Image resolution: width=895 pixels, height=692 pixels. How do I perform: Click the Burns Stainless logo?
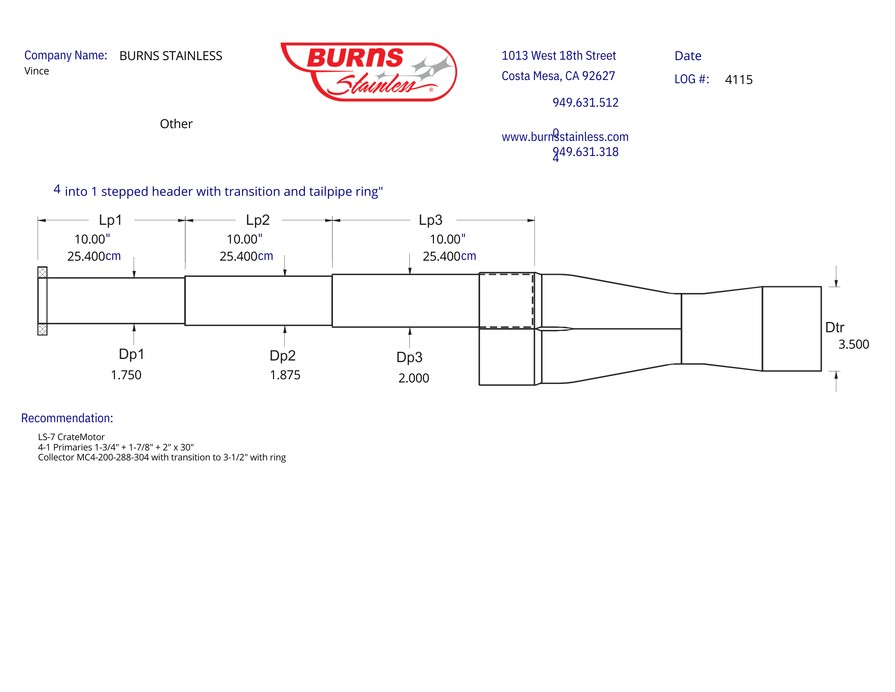click(368, 72)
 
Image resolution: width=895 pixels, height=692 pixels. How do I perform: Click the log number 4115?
click(738, 80)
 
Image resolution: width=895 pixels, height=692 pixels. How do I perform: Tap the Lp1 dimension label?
click(110, 220)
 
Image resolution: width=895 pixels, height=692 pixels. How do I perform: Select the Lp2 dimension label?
click(257, 220)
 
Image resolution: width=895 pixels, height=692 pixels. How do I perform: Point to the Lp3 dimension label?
click(430, 220)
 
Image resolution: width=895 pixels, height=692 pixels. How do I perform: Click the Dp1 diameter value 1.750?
click(126, 375)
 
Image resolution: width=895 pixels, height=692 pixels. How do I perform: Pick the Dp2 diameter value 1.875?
click(285, 375)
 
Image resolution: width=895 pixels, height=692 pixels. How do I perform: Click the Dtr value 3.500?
click(853, 344)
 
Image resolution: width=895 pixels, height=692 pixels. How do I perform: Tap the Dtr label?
click(835, 327)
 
